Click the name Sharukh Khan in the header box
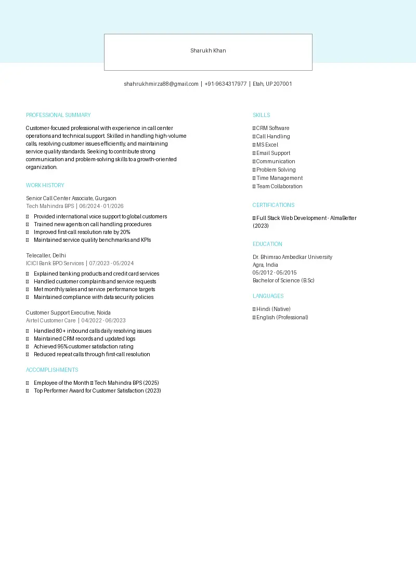click(x=208, y=51)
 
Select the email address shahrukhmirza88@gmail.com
click(x=161, y=84)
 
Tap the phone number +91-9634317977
click(x=226, y=84)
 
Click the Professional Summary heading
click(x=58, y=115)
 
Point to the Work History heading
click(x=45, y=186)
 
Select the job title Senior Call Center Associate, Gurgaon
click(x=71, y=199)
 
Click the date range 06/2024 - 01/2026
click(x=101, y=206)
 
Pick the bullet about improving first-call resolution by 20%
click(x=82, y=232)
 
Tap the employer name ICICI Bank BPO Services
click(x=55, y=264)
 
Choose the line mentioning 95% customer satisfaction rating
click(x=83, y=347)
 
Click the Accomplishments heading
click(x=52, y=370)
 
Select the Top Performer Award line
click(x=97, y=391)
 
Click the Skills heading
click(x=261, y=115)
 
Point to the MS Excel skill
click(x=267, y=145)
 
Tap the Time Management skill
click(x=279, y=178)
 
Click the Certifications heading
click(x=274, y=205)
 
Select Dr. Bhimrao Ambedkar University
click(x=292, y=257)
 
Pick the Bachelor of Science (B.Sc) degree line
click(x=283, y=281)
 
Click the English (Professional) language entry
click(x=282, y=318)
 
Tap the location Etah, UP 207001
click(x=272, y=84)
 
